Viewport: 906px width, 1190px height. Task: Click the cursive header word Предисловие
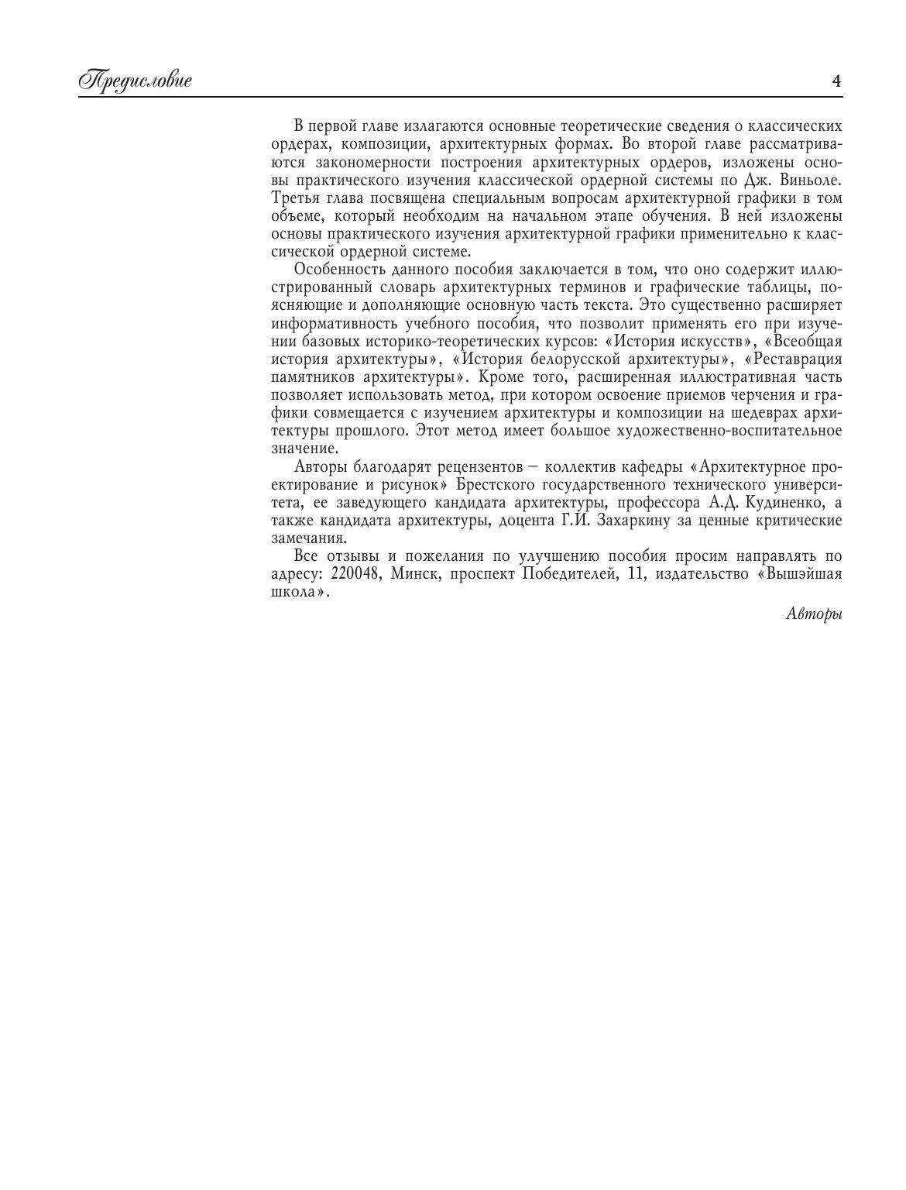tap(135, 81)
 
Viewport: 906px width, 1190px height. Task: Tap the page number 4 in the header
tap(836, 81)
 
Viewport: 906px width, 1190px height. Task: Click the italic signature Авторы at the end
tap(814, 614)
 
